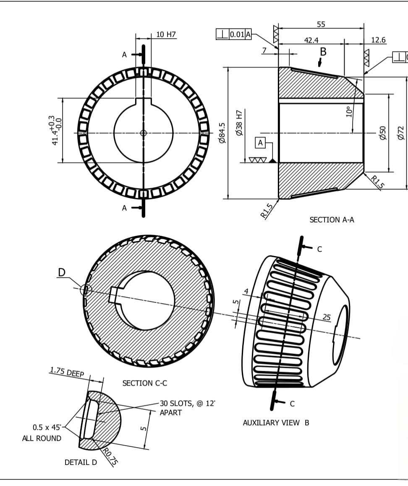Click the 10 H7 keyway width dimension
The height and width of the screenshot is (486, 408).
tap(166, 34)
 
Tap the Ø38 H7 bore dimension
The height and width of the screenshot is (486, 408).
tap(239, 123)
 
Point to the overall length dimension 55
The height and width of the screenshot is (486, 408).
tap(321, 24)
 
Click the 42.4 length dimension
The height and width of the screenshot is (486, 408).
tap(311, 40)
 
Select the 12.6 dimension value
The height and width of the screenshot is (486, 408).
tap(378, 40)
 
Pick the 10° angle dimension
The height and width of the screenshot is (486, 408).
tap(348, 112)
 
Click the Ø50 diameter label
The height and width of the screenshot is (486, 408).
tap(382, 132)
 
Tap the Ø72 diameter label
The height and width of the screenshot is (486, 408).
tap(401, 132)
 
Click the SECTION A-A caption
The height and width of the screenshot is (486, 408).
tap(332, 220)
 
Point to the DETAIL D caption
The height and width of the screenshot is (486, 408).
tap(81, 462)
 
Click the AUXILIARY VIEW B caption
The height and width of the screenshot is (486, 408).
tap(276, 423)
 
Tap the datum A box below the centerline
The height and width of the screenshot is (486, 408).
tap(260, 143)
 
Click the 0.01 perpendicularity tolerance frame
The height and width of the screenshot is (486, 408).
tap(234, 34)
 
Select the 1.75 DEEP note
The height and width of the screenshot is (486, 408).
tap(67, 372)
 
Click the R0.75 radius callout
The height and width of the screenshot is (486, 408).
tap(110, 457)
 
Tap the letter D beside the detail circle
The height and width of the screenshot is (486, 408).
tap(62, 272)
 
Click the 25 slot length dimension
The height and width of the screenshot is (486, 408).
tap(327, 317)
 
